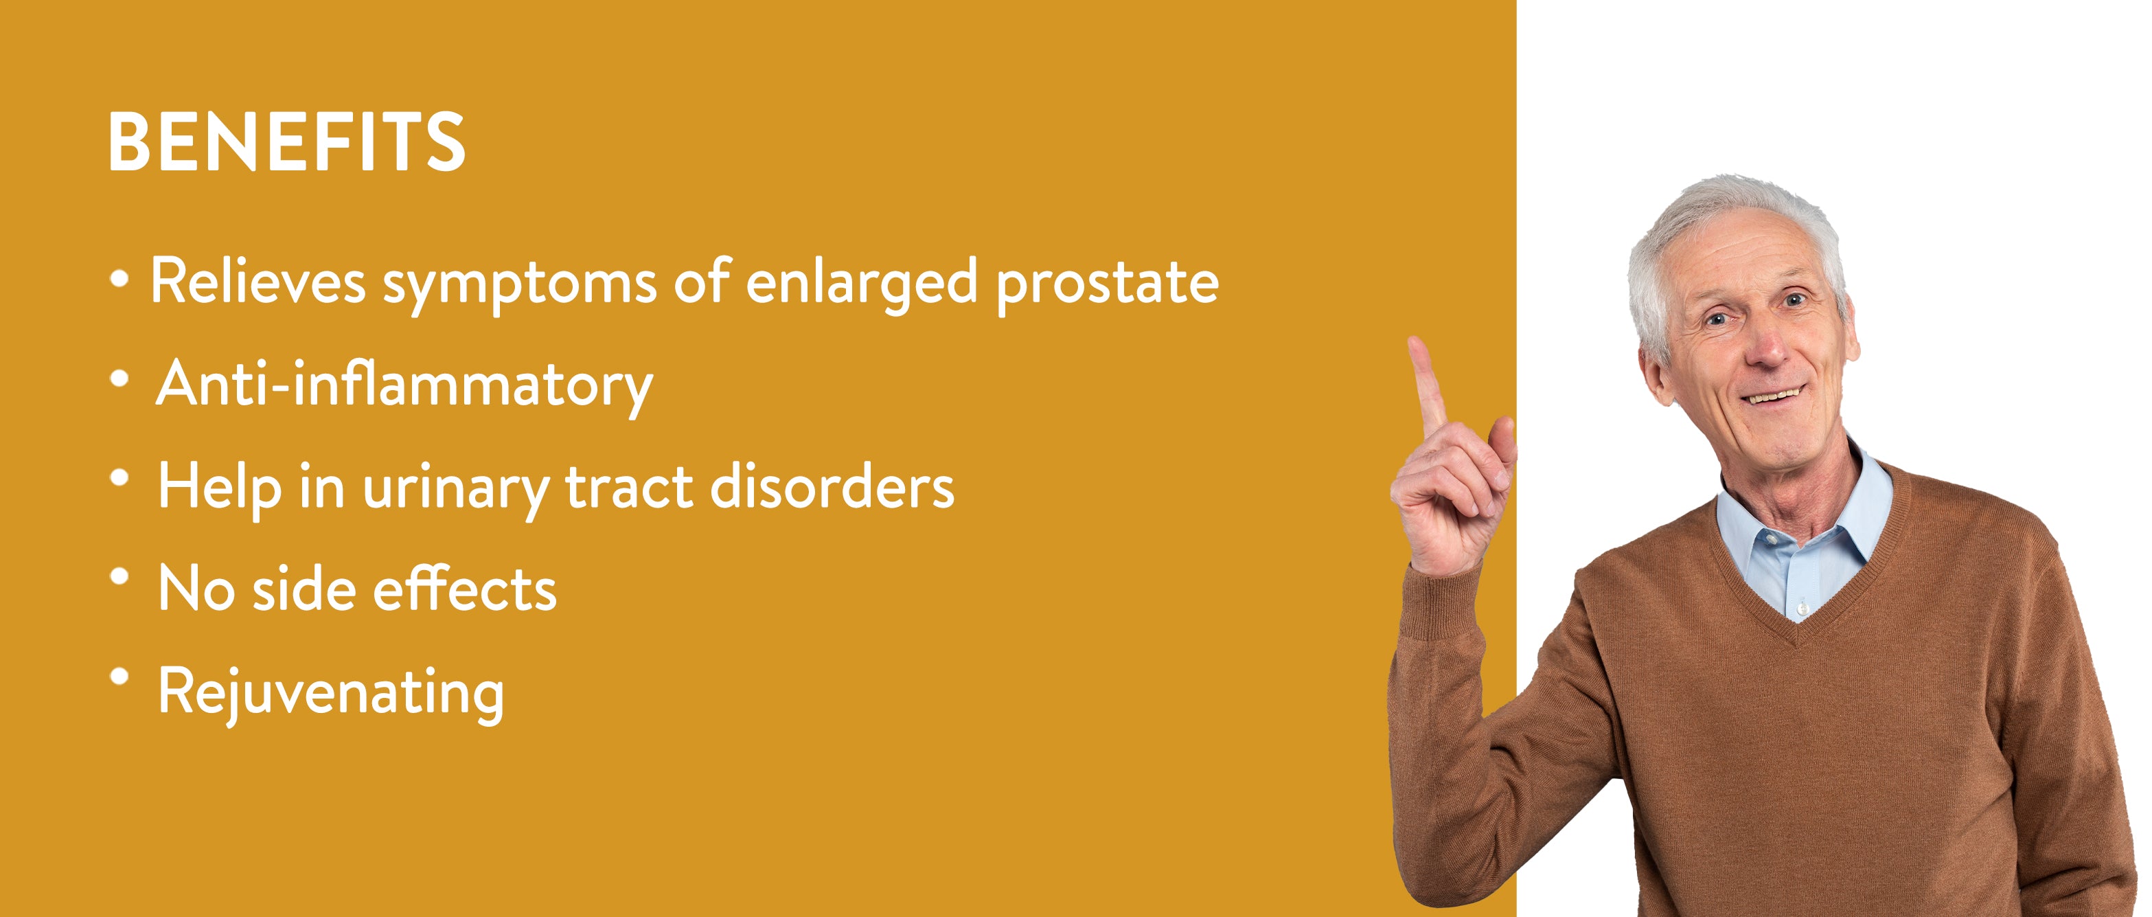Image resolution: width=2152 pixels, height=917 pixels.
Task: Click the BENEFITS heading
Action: tap(286, 143)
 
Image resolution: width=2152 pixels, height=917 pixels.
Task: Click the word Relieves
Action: tap(258, 282)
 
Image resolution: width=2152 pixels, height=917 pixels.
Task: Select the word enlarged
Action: tap(861, 285)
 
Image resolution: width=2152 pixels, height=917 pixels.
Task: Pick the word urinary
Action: tap(455, 489)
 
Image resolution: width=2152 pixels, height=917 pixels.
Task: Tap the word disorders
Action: tap(832, 486)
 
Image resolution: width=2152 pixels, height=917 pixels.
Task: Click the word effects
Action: tap(464, 588)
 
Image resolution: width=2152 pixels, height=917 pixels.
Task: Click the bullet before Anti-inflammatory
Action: tap(119, 378)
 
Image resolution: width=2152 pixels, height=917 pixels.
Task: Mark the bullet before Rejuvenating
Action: tap(119, 675)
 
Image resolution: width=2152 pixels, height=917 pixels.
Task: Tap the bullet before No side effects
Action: tap(119, 576)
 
